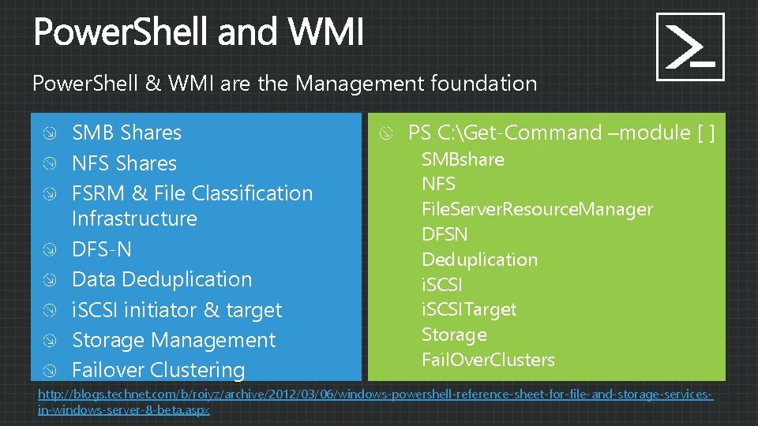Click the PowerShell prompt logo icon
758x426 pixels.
(690, 47)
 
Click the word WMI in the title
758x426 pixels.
(326, 34)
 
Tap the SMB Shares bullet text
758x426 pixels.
(126, 133)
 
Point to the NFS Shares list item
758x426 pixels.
(124, 163)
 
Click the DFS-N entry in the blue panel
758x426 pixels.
(101, 249)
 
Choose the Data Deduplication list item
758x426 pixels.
(162, 279)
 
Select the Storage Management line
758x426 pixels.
(174, 340)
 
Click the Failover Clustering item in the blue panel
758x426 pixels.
(158, 369)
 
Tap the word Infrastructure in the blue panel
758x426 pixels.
(134, 218)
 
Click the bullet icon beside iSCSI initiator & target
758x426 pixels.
(50, 311)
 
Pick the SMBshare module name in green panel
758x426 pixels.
(463, 159)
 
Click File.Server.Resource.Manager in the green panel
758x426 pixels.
(537, 209)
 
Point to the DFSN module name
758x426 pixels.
(445, 234)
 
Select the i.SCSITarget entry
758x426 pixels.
(469, 309)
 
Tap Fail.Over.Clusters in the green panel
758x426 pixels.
(488, 360)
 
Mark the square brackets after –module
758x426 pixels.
(706, 133)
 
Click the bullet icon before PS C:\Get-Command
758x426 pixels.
(385, 133)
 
